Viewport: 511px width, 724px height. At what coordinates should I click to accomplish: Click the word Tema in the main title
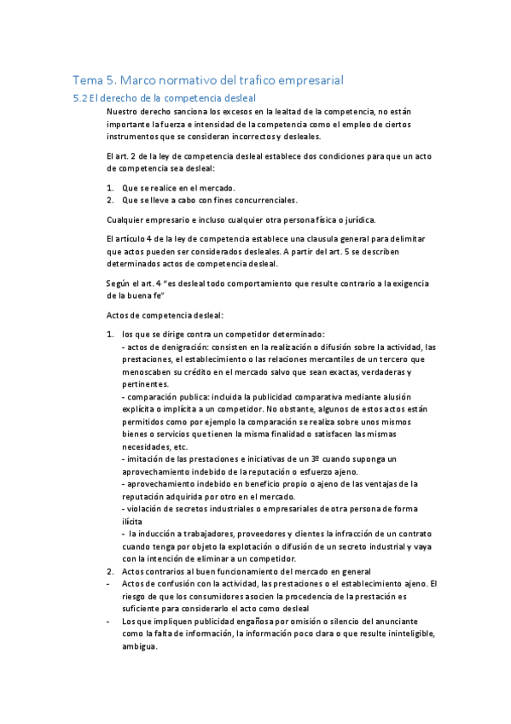coord(87,80)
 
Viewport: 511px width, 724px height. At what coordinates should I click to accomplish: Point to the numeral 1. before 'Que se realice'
coord(110,188)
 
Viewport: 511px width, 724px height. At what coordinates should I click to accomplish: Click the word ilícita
coord(135,521)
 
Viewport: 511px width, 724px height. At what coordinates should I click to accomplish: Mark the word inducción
coord(161,534)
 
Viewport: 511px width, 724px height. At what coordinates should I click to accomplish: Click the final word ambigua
coord(140,647)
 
